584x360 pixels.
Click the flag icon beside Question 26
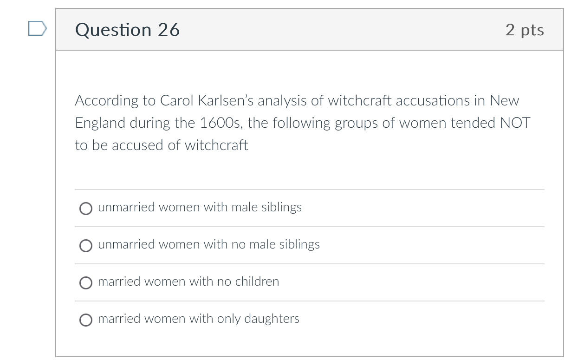click(x=37, y=28)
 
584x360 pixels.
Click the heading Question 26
click(x=127, y=30)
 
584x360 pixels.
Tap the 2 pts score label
click(x=525, y=30)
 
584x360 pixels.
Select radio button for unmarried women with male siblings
click(x=86, y=209)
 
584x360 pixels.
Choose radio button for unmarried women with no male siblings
click(x=86, y=245)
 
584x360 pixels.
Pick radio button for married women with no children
click(x=86, y=282)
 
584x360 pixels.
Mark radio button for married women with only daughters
click(x=86, y=320)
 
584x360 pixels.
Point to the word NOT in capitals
click(x=515, y=123)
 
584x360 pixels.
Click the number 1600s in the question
click(x=221, y=123)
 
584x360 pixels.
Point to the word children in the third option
click(x=257, y=281)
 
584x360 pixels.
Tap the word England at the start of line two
click(x=100, y=123)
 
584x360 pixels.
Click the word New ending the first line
click(x=505, y=101)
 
